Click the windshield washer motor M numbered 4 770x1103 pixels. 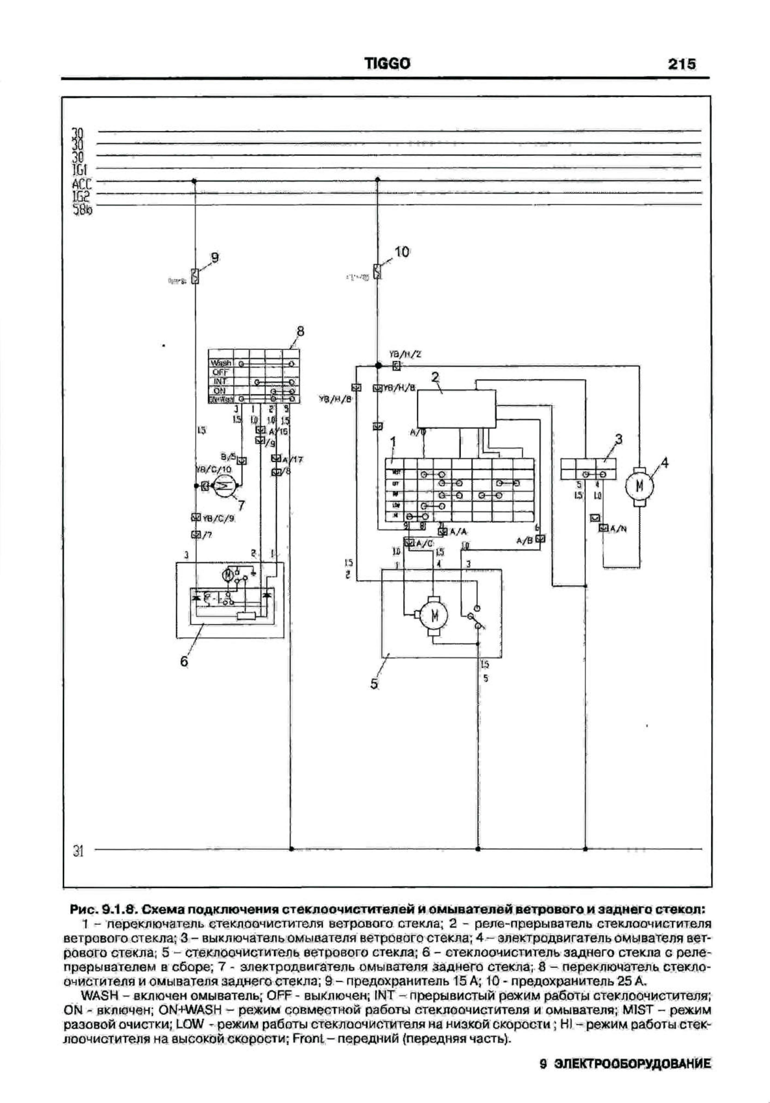[639, 486]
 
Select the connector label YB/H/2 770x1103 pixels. [399, 355]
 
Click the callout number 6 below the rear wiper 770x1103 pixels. [184, 662]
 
